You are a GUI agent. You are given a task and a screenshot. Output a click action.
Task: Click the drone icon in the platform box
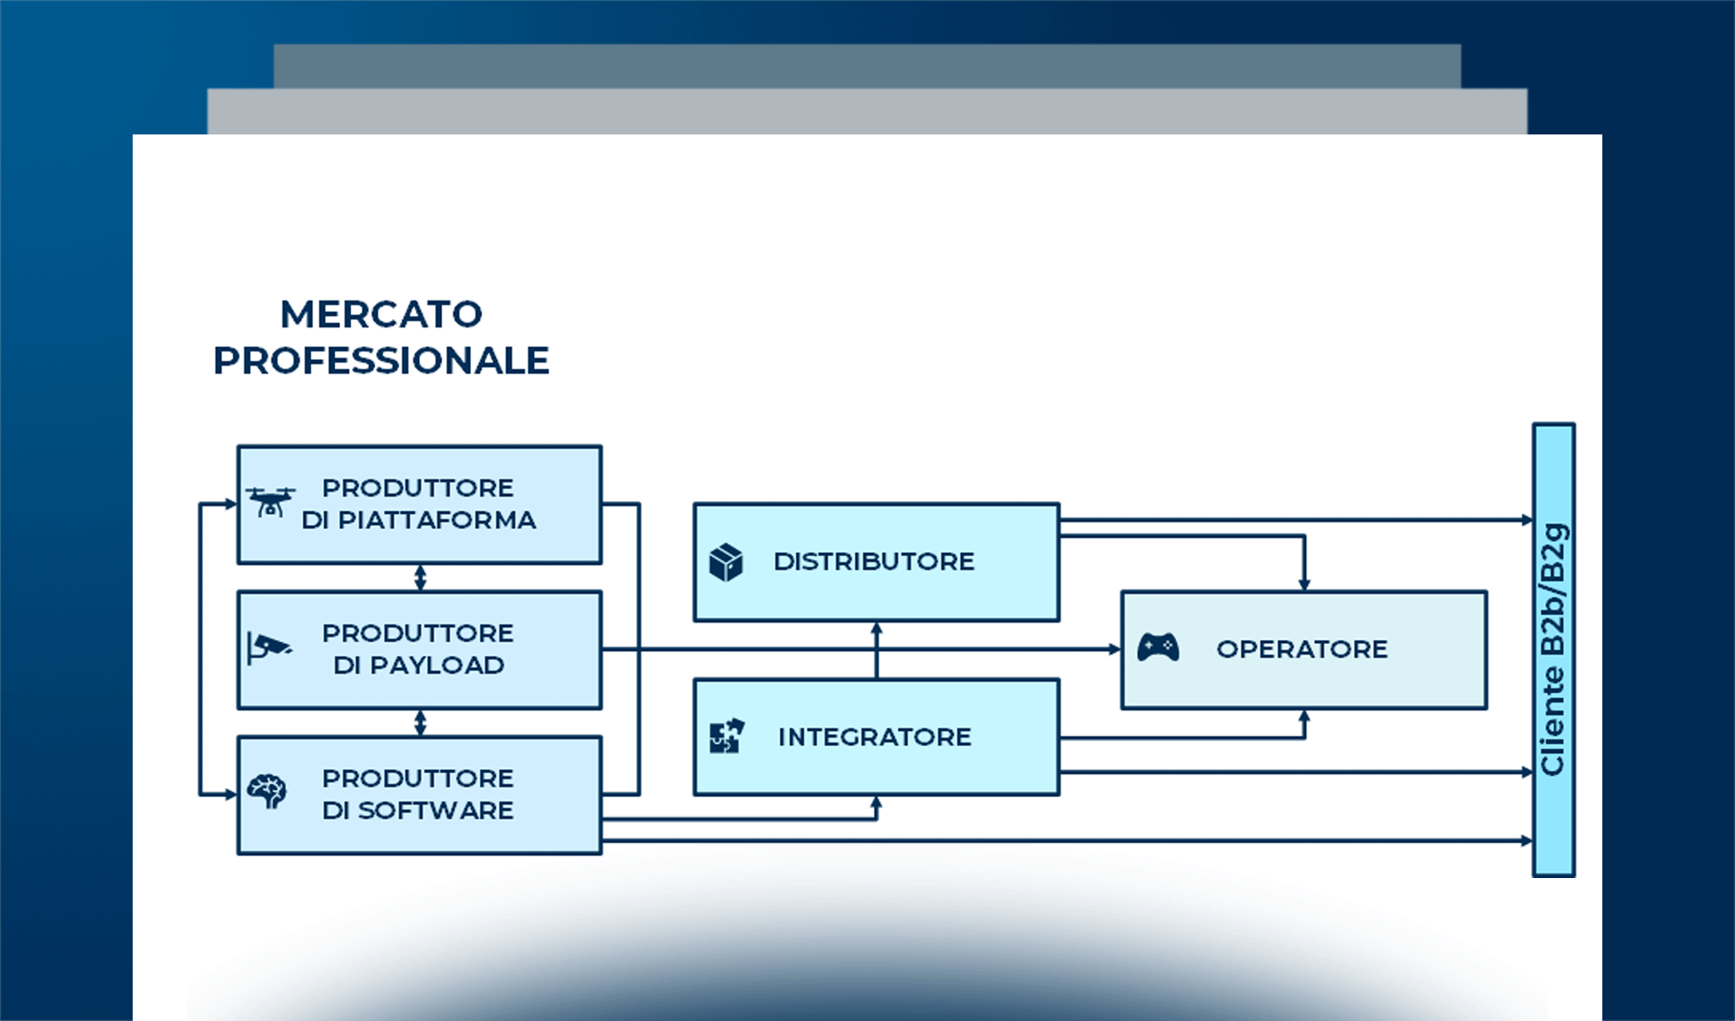270,502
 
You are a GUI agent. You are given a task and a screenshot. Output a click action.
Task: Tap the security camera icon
269,648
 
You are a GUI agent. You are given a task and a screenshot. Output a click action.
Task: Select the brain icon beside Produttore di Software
267,791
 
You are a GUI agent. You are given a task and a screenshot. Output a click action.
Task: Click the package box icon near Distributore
725,562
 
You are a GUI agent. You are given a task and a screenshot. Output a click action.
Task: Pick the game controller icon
1158,648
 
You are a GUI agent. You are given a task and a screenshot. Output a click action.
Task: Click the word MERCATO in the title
381,315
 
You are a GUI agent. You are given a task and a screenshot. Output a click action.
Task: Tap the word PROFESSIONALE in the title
381,361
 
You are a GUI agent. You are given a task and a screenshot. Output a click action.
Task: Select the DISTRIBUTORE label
873,562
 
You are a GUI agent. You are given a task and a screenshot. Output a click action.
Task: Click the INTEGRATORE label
874,737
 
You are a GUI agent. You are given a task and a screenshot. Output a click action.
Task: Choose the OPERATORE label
1301,649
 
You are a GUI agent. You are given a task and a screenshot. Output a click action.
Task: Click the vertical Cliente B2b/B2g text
1553,649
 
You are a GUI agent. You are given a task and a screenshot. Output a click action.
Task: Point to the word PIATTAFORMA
437,520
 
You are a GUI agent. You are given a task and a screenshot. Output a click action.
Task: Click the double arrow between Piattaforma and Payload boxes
420,578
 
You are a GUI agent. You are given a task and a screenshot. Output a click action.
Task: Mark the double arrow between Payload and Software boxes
420,723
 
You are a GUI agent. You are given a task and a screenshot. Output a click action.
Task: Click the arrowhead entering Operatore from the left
1115,649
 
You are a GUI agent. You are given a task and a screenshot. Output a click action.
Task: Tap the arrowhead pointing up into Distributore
877,629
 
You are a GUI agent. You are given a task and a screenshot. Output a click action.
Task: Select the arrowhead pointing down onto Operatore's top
1304,585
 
